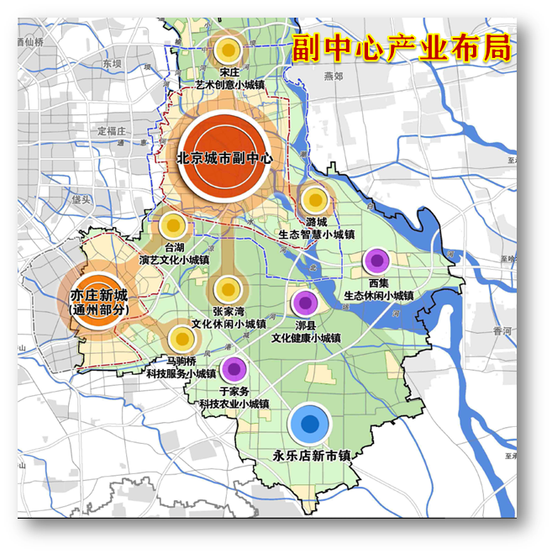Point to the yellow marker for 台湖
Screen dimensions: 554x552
pos(172,225)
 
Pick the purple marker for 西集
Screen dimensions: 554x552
pos(376,261)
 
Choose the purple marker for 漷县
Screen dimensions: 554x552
pos(304,303)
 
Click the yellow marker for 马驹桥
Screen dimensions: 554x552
pos(182,340)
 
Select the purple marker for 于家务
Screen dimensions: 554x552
pos(234,368)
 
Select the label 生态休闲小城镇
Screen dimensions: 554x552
pos(379,296)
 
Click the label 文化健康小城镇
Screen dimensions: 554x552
pos(306,338)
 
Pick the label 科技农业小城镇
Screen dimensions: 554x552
pos(234,404)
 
